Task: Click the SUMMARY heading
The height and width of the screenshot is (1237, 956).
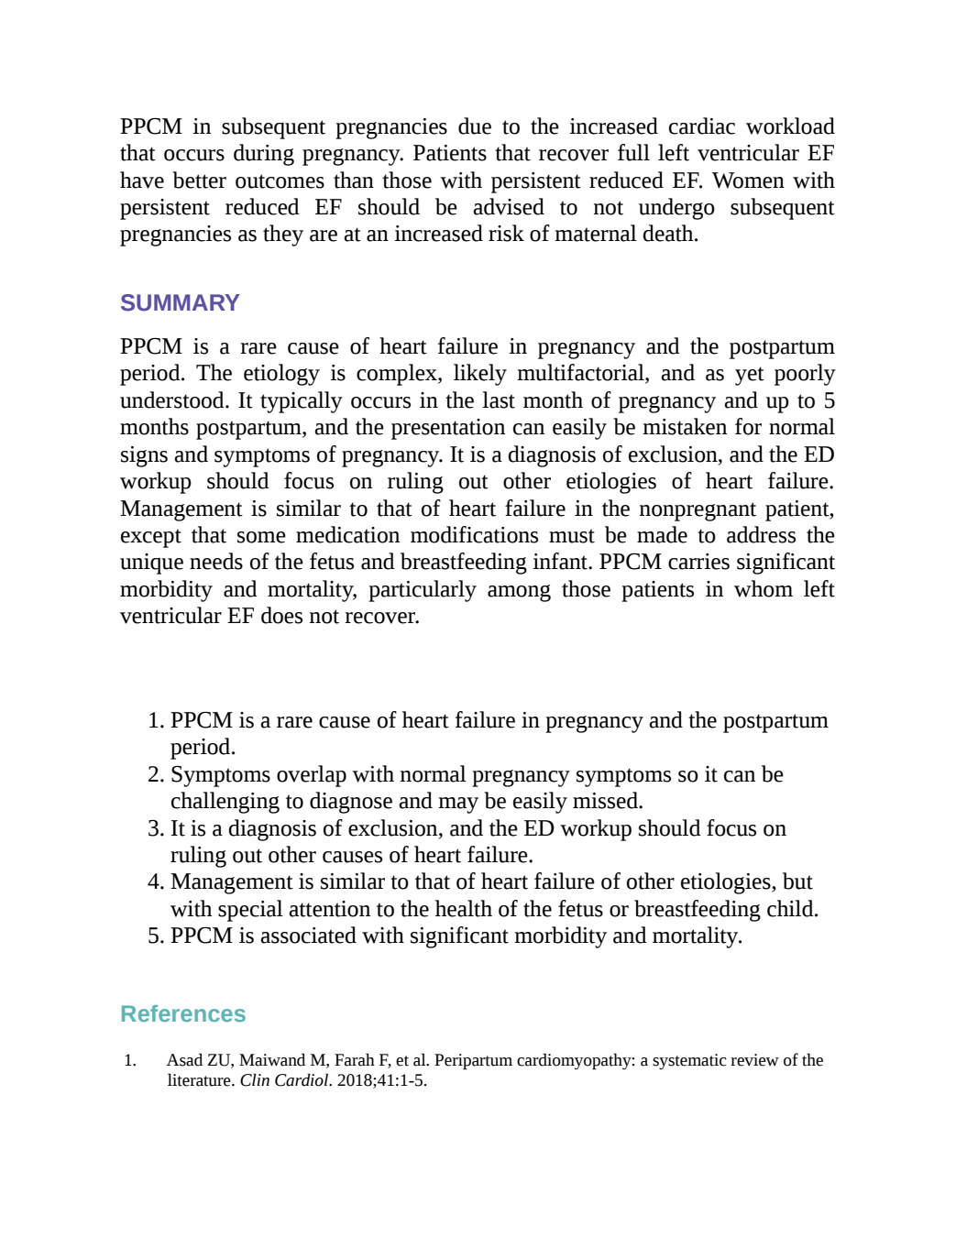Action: [x=180, y=303]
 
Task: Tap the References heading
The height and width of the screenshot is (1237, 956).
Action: [x=182, y=1013]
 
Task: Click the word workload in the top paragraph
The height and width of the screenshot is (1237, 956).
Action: [x=790, y=126]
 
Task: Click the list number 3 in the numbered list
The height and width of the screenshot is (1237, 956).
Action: [x=156, y=828]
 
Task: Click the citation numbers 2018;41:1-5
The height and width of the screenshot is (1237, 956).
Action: [x=381, y=1080]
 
